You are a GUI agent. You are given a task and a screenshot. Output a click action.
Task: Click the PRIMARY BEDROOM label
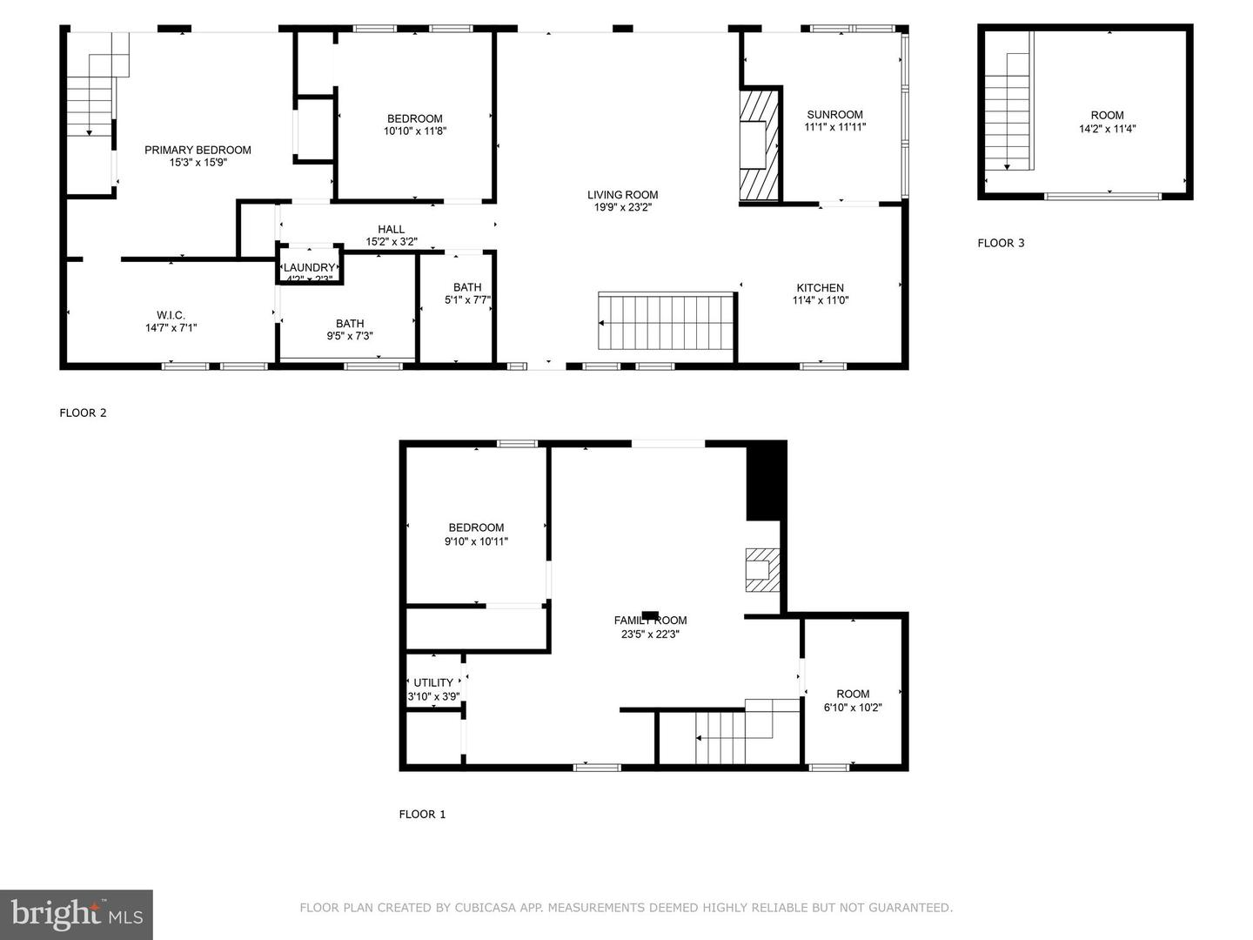point(198,150)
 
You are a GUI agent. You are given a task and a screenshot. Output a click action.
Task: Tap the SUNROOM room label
point(834,115)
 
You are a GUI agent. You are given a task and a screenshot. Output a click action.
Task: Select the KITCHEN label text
point(820,288)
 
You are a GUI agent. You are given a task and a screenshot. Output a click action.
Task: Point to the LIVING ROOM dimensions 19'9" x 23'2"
point(622,208)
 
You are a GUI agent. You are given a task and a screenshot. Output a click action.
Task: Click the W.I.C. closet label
point(171,315)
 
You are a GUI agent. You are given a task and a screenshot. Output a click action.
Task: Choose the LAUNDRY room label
point(309,268)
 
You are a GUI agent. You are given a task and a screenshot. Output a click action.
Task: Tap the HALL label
point(391,230)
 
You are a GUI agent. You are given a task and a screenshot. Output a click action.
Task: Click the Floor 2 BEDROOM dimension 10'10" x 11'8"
point(415,131)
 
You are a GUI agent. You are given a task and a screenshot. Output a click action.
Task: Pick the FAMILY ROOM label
point(650,621)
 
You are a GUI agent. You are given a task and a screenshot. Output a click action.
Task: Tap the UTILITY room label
point(433,683)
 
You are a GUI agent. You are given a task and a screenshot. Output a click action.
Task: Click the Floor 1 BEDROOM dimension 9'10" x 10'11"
point(476,541)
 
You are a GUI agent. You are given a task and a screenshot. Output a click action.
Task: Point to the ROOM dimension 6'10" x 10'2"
point(853,708)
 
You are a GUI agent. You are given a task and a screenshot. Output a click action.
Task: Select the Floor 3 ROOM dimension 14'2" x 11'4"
point(1108,129)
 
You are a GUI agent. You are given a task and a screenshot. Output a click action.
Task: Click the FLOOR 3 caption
point(1001,243)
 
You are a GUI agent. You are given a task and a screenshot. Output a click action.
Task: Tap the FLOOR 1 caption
point(422,815)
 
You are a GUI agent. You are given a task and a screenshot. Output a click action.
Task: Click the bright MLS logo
point(77,915)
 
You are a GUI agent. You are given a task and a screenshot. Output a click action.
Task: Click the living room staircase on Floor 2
point(667,322)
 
